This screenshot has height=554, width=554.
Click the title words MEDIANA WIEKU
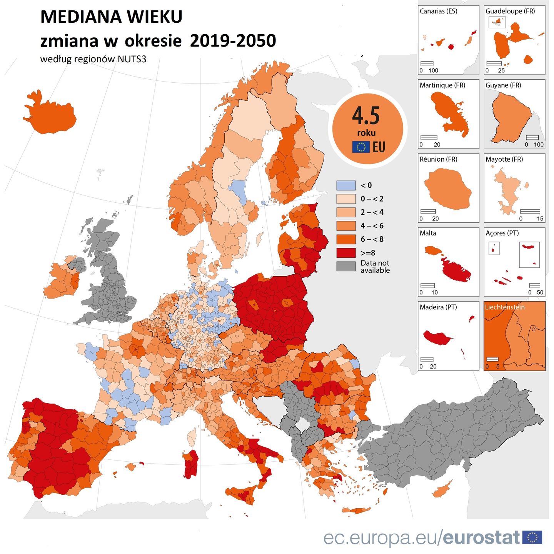pyautogui.click(x=111, y=17)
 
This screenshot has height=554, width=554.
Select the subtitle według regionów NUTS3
pyautogui.click(x=93, y=59)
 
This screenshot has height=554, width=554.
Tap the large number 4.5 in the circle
pyautogui.click(x=366, y=116)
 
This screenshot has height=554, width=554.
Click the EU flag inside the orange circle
pyautogui.click(x=361, y=147)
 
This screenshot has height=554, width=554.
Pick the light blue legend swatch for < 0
pyautogui.click(x=346, y=185)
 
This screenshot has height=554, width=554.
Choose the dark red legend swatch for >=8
pyautogui.click(x=346, y=253)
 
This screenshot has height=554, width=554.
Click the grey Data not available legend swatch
pyautogui.click(x=346, y=266)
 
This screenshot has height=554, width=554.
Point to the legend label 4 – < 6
pyautogui.click(x=372, y=226)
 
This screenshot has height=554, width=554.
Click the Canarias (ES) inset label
pyautogui.click(x=438, y=11)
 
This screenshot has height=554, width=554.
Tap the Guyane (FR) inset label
pyautogui.click(x=503, y=85)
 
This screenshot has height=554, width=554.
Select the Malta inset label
pyautogui.click(x=428, y=233)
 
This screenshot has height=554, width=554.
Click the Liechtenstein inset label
pyautogui.click(x=504, y=307)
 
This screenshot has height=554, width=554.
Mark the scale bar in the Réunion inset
pyautogui.click(x=428, y=211)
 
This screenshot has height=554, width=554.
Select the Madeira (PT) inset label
pyautogui.click(x=438, y=307)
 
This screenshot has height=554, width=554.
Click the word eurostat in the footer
pyautogui.click(x=481, y=537)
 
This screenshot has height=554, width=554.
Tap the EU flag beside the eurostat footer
pyautogui.click(x=532, y=537)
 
